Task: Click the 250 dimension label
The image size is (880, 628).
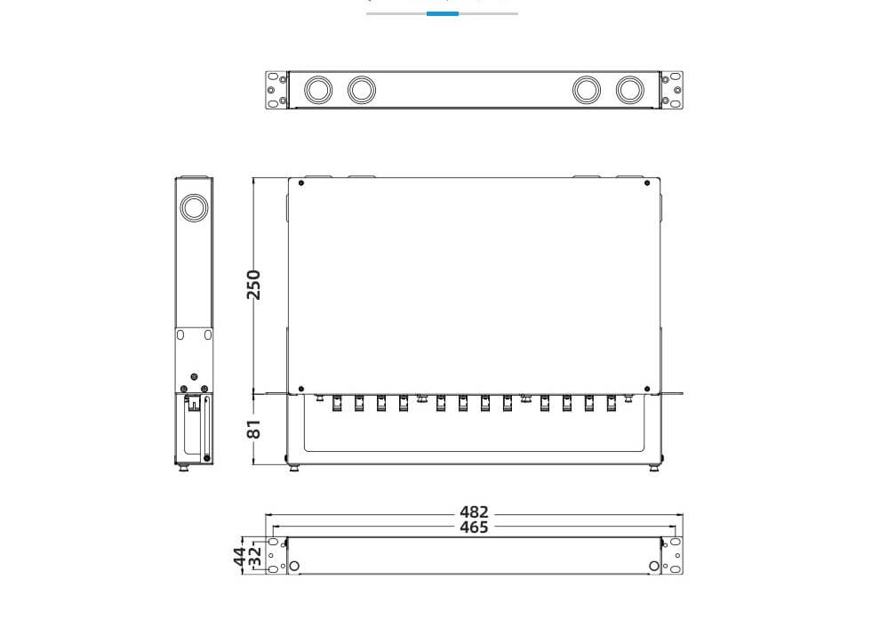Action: (254, 284)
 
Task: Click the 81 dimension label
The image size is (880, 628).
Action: (254, 428)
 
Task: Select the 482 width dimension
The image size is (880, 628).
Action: (474, 512)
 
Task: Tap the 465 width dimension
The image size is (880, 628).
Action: (474, 527)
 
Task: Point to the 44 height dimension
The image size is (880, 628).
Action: (240, 557)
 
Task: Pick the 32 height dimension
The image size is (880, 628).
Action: (255, 557)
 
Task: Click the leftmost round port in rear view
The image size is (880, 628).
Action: (317, 90)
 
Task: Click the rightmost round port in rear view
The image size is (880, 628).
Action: (629, 90)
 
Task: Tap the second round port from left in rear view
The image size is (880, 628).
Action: (361, 90)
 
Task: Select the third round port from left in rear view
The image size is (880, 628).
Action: (587, 90)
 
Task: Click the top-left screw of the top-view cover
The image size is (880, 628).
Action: (302, 184)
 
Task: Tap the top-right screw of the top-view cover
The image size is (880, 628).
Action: (646, 184)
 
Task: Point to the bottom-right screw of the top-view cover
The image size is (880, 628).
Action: (646, 388)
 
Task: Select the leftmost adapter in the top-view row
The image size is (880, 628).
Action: (338, 403)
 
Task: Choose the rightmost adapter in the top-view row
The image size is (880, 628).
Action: (611, 403)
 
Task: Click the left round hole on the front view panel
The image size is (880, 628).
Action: (295, 566)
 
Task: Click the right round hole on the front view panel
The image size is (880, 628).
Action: (654, 566)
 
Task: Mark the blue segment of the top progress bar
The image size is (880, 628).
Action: (443, 13)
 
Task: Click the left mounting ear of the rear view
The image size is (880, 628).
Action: (276, 90)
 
